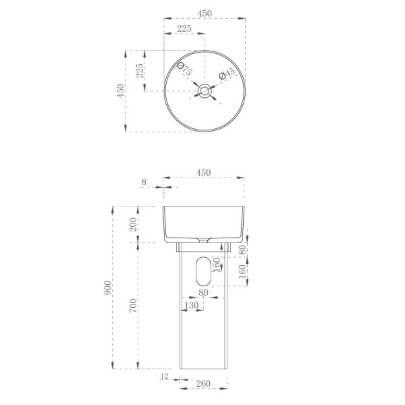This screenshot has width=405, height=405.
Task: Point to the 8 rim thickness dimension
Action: (x=144, y=182)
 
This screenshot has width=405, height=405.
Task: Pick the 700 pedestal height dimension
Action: (x=134, y=307)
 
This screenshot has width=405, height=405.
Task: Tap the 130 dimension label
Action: (x=191, y=305)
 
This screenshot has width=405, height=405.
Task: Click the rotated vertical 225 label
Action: (x=140, y=70)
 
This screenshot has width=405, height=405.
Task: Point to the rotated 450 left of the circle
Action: (x=120, y=90)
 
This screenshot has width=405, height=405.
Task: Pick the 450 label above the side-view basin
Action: (x=203, y=173)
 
